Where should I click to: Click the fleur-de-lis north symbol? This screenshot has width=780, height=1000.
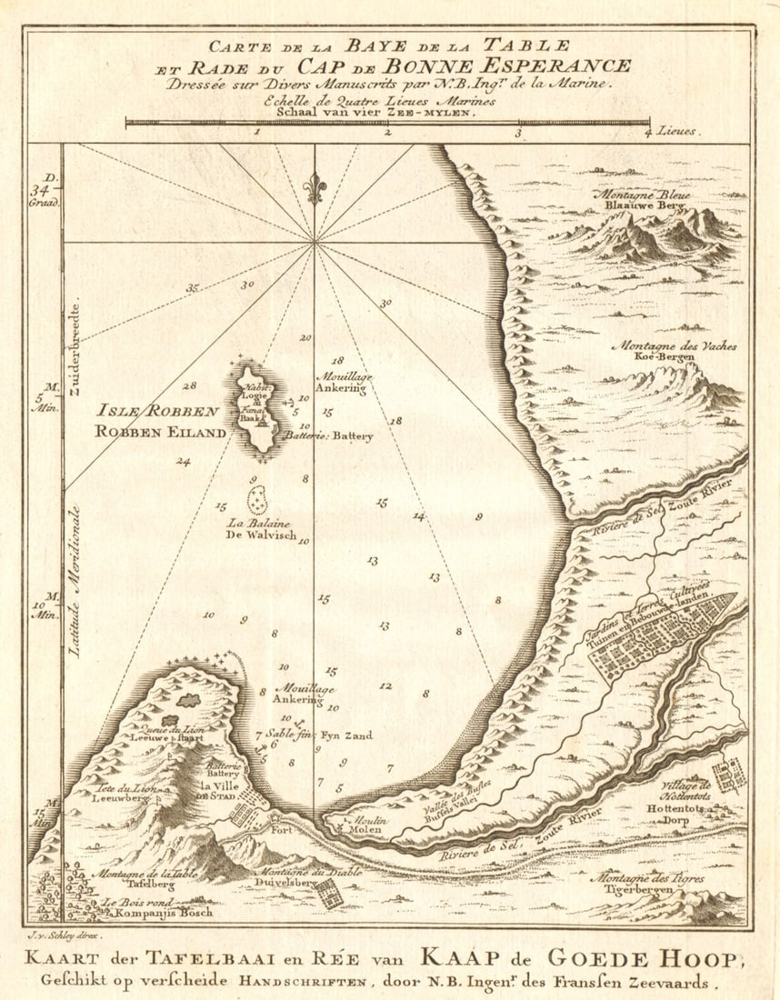pos(315,188)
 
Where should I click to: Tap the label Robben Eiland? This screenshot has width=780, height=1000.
pos(160,433)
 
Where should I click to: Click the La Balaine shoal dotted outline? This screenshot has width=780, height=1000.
pos(258,499)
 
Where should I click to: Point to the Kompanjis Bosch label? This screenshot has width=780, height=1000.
pos(157,911)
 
